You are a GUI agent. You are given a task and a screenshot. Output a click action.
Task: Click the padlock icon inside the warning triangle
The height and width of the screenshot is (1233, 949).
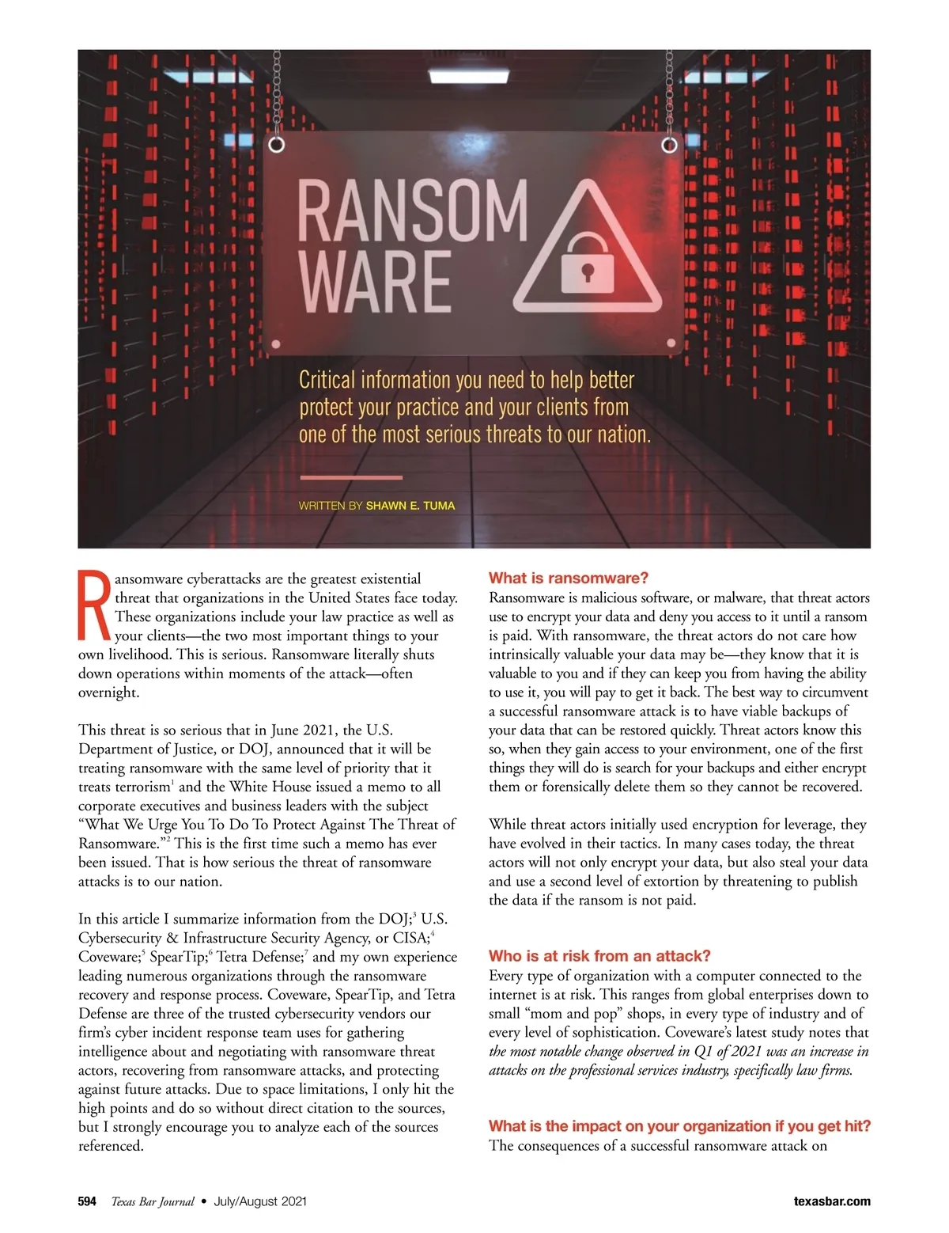click(587, 262)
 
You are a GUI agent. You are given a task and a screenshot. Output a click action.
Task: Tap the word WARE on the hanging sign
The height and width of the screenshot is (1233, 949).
click(375, 282)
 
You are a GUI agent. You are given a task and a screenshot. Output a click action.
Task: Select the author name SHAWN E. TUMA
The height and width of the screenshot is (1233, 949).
click(410, 505)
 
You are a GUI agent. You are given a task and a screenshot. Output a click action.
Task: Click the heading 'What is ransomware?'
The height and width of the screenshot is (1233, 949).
click(569, 578)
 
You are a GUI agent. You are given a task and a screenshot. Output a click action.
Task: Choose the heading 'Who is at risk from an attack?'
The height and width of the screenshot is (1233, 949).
click(599, 955)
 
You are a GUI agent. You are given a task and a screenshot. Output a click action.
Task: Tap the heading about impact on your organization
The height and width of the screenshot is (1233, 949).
click(679, 1125)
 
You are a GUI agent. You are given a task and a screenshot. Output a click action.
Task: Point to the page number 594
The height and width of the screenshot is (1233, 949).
click(87, 1201)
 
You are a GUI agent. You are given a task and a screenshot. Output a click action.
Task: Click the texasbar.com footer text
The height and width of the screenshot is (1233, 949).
click(832, 1201)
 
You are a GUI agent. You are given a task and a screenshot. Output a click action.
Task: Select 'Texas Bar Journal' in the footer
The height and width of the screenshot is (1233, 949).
click(153, 1201)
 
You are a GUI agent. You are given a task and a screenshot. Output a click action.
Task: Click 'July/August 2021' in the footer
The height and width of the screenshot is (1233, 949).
click(260, 1201)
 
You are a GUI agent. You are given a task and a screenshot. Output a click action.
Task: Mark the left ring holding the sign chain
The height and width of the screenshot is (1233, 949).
click(276, 145)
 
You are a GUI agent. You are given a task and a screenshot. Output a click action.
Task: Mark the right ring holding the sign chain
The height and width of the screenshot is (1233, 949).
click(670, 145)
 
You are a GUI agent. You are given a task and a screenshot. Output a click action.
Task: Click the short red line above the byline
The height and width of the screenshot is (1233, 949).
click(351, 477)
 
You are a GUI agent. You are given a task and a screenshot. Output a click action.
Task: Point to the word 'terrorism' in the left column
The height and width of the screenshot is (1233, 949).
click(138, 787)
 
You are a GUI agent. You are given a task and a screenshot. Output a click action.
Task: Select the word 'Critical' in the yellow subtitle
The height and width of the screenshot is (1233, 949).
click(327, 381)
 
